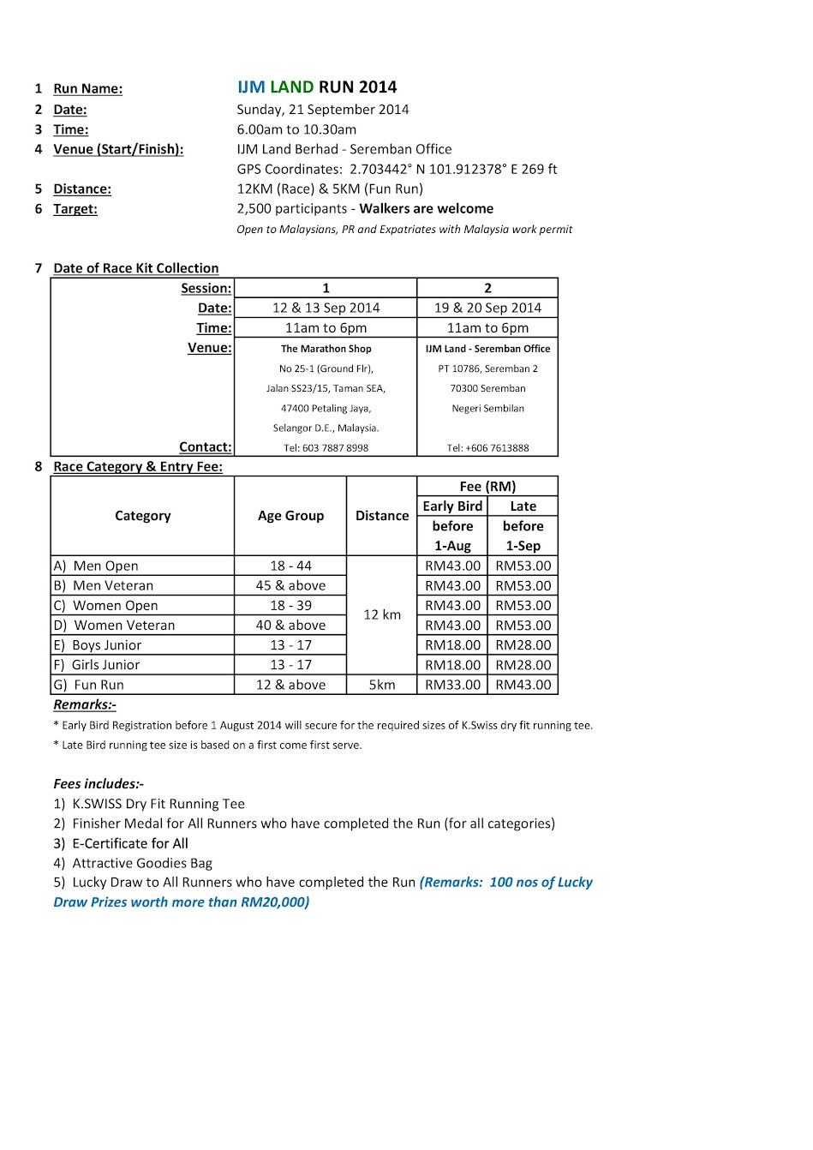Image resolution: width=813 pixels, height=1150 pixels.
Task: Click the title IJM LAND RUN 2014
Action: click(x=317, y=87)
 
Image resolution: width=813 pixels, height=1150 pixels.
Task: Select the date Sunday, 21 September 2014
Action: click(x=323, y=110)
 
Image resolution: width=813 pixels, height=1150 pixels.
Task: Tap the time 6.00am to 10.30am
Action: click(x=296, y=129)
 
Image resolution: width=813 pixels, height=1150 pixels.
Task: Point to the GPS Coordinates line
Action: click(x=397, y=169)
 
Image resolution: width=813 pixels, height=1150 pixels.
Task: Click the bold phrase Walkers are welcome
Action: click(x=427, y=208)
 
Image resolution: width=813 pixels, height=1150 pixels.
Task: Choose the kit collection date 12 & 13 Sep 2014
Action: click(x=326, y=308)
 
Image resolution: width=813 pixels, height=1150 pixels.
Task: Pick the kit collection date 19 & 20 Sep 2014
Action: click(x=487, y=308)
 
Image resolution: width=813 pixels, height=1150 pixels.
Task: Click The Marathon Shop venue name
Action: click(x=326, y=349)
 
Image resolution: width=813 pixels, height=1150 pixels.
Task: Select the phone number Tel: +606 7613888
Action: click(x=487, y=447)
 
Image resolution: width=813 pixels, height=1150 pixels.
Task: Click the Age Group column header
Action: click(x=290, y=516)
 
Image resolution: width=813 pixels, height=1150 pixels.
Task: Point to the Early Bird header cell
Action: click(x=452, y=506)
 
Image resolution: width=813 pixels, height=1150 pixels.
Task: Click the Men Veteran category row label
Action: click(x=113, y=585)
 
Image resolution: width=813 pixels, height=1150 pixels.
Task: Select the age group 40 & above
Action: click(x=290, y=626)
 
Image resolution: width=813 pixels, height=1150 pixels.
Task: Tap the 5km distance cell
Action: click(x=382, y=685)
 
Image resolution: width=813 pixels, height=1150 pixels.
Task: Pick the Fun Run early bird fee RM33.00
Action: click(x=452, y=685)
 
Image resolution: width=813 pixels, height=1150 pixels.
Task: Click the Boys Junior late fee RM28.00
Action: click(x=523, y=645)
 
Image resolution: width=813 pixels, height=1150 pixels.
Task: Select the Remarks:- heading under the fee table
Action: click(x=85, y=704)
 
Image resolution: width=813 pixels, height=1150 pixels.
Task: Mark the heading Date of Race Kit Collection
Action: click(x=135, y=268)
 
